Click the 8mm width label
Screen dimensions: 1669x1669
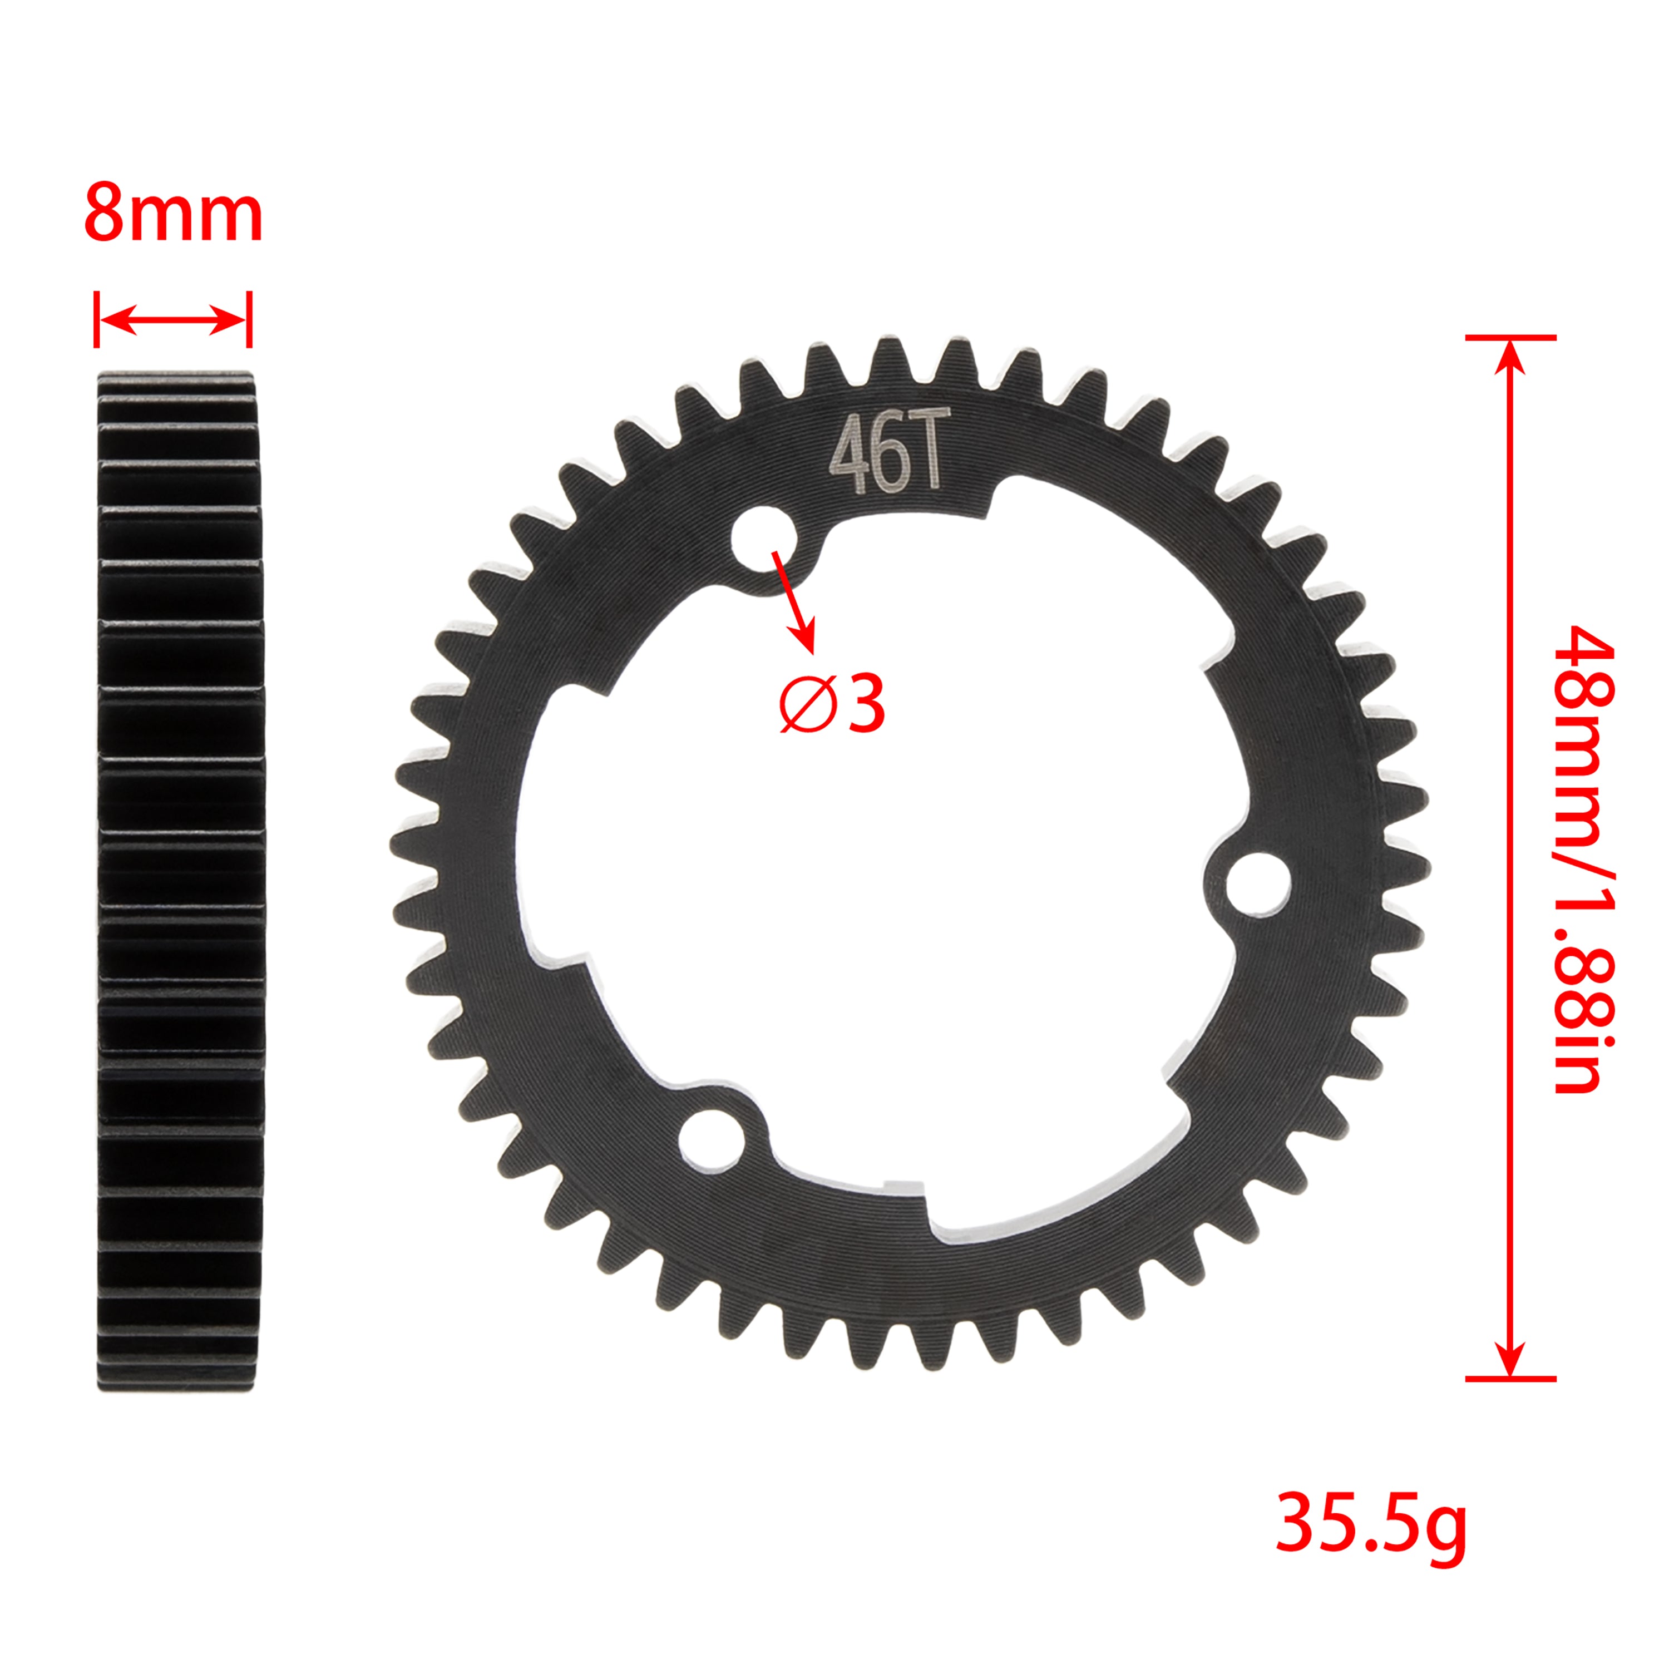coord(173,214)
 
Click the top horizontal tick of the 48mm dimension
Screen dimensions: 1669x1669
coord(1510,337)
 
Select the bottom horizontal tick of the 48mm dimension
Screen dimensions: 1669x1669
coord(1510,1379)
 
